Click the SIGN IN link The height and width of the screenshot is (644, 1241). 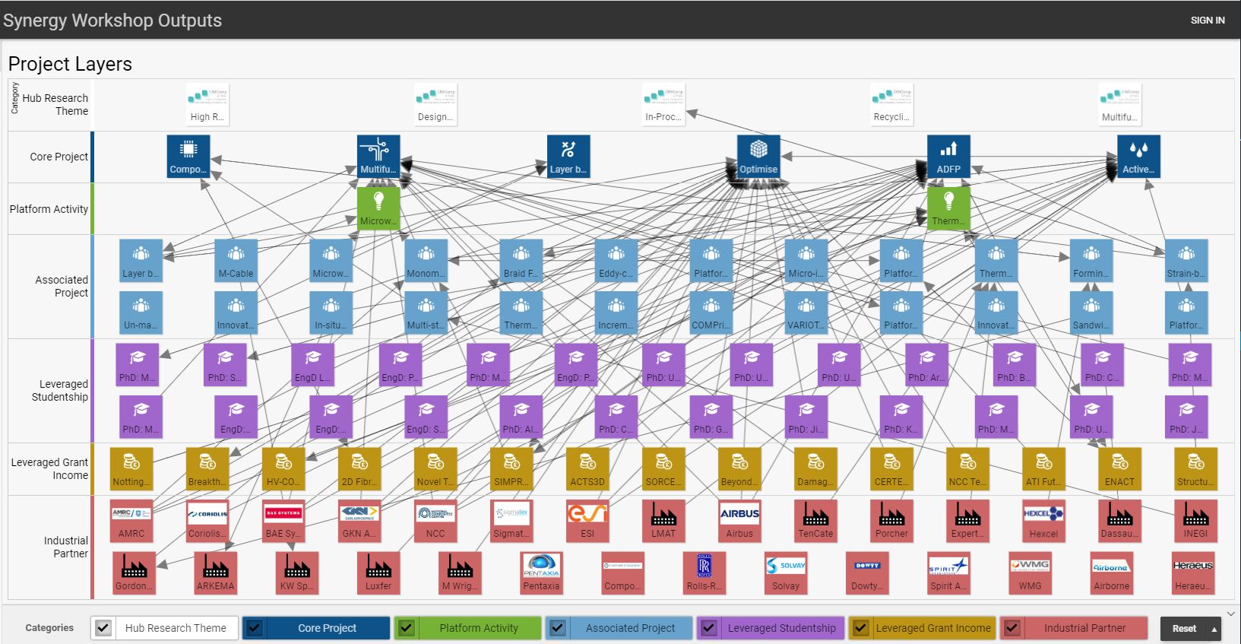1207,21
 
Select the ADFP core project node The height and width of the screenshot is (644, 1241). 948,157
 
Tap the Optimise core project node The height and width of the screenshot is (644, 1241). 758,157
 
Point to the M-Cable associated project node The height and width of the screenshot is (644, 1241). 236,261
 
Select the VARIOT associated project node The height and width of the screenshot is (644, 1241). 806,312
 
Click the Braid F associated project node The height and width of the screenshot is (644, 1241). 521,261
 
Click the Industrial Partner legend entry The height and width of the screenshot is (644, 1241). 1084,628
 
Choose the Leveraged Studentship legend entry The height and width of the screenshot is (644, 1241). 781,628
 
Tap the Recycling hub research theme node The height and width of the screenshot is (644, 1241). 891,104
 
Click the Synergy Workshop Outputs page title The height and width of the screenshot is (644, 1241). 112,21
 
